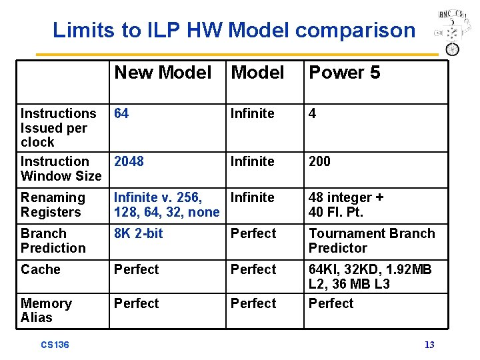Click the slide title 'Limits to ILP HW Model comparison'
(x=233, y=30)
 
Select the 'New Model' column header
(x=163, y=73)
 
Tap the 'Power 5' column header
(x=344, y=73)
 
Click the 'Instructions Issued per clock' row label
(x=58, y=127)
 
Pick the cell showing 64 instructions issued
(x=121, y=113)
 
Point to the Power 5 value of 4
(x=312, y=113)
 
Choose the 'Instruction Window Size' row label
(x=61, y=169)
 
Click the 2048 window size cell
(x=129, y=161)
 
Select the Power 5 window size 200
(x=319, y=161)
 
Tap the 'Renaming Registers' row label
(x=53, y=205)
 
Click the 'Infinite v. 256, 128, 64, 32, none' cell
(x=166, y=205)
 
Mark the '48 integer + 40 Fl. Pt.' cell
(x=346, y=205)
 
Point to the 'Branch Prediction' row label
(x=53, y=241)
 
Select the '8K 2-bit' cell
(x=138, y=233)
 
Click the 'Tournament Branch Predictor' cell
(x=371, y=241)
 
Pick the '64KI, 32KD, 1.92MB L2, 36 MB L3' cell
(x=370, y=277)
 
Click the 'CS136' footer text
(x=55, y=345)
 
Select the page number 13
(x=429, y=345)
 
